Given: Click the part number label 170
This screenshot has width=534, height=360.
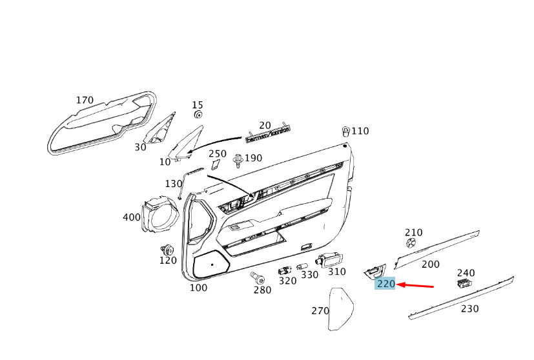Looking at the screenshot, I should pos(85,100).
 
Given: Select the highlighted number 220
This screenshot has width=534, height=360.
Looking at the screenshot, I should pos(385,284).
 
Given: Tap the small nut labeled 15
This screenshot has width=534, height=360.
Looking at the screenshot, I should pos(198,115).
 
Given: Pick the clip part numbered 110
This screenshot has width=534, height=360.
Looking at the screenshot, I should pos(346,130).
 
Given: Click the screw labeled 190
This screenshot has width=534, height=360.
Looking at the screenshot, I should pos(238,159).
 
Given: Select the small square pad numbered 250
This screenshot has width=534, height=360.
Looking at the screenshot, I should pos(215,165).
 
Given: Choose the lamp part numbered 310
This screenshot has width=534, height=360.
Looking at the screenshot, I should pos(329,259).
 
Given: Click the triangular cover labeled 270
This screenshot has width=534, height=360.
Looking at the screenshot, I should pos(340,309).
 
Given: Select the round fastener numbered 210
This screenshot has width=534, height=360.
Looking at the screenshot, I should pos(411,243).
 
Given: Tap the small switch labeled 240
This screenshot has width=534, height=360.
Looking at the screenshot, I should pos(464,283).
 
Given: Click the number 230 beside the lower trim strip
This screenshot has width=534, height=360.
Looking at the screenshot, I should pos(470,309).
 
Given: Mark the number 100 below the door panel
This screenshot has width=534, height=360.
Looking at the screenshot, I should pos(198,288).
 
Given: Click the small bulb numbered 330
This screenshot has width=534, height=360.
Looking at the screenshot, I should pos(302,267).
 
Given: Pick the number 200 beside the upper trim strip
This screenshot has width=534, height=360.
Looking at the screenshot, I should pos(430,265).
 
